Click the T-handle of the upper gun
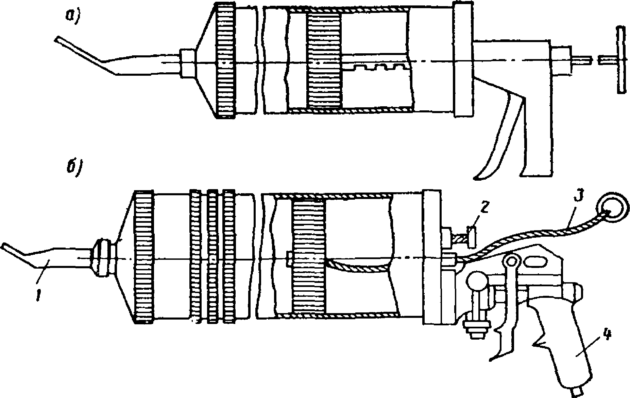(621, 60)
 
